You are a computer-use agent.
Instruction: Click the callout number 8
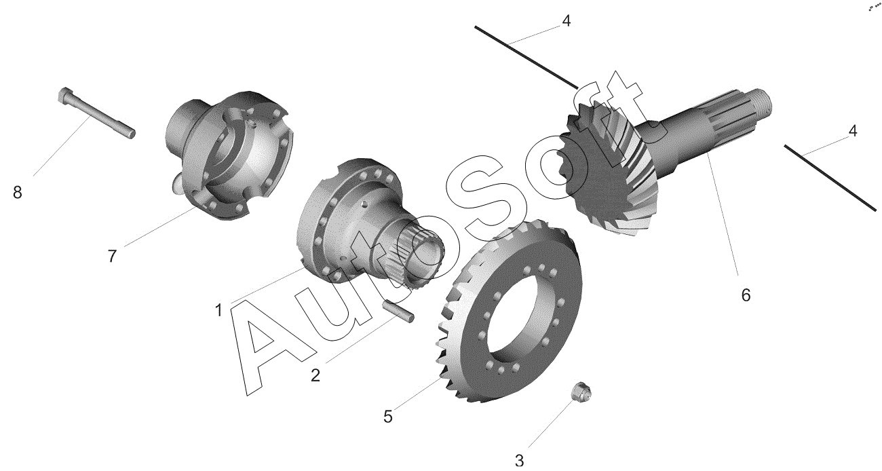click(18, 193)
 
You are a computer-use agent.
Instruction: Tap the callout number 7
click(112, 257)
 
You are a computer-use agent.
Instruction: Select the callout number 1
click(219, 311)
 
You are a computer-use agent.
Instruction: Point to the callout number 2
click(315, 375)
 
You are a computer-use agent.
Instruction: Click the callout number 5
click(388, 417)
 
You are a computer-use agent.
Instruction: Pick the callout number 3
click(519, 460)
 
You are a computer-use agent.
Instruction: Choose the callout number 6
click(746, 295)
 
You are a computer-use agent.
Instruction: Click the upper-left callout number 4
click(567, 21)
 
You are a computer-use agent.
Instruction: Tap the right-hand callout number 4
click(852, 131)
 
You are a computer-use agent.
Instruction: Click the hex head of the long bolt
click(64, 95)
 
